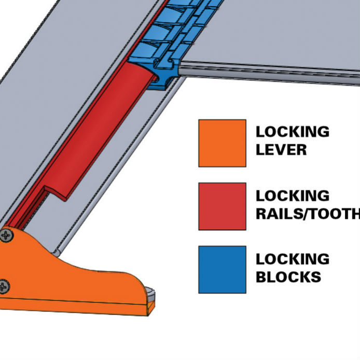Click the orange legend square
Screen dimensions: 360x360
coord(222,143)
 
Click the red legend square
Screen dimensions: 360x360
coord(222,206)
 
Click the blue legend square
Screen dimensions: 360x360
coord(222,269)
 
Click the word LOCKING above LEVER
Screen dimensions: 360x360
coord(293,132)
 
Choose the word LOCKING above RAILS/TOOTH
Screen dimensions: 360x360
coord(293,195)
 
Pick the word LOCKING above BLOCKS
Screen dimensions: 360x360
coord(293,258)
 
